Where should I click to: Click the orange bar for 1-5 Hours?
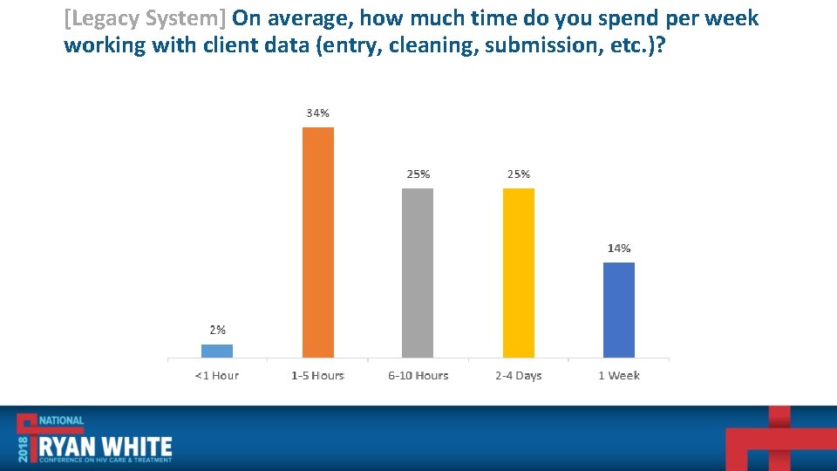tap(317, 242)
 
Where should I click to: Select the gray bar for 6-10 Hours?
tap(418, 272)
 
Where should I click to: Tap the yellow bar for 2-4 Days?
tap(518, 272)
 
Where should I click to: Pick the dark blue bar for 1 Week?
tap(619, 310)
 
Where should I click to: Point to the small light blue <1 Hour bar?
tap(217, 351)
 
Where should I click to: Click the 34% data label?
tap(317, 113)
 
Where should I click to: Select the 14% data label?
tap(619, 249)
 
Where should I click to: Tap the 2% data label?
tap(217, 330)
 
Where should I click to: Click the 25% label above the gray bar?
tap(418, 174)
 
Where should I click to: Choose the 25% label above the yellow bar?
tap(519, 174)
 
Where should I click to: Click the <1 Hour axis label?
tap(217, 376)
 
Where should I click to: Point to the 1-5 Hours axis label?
tap(317, 376)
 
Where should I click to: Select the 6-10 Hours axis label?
tap(418, 376)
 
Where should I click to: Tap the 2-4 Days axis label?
tap(519, 376)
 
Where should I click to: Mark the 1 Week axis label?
tap(619, 376)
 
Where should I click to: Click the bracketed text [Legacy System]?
tap(146, 18)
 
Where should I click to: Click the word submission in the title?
tap(535, 45)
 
